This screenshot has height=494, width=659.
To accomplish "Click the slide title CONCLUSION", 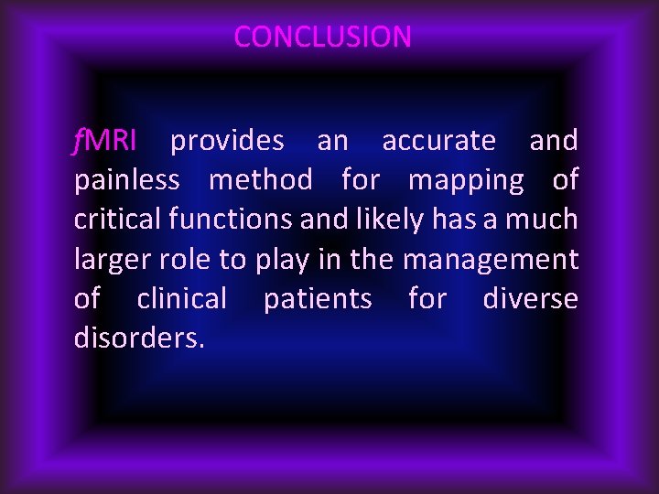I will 322,37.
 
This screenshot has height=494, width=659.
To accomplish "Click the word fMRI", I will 105,141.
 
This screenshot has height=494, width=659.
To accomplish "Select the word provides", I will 227,141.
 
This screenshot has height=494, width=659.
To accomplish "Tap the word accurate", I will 438,141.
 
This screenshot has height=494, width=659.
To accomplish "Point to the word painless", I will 126,181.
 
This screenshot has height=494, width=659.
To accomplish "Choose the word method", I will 260,181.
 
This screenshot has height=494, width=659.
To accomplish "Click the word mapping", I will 466,181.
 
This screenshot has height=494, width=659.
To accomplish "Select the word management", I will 491,260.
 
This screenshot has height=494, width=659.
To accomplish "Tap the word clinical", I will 181,299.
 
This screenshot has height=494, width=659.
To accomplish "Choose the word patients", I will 318,299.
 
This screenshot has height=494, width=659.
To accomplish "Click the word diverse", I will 530,299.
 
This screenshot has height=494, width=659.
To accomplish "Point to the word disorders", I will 139,338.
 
